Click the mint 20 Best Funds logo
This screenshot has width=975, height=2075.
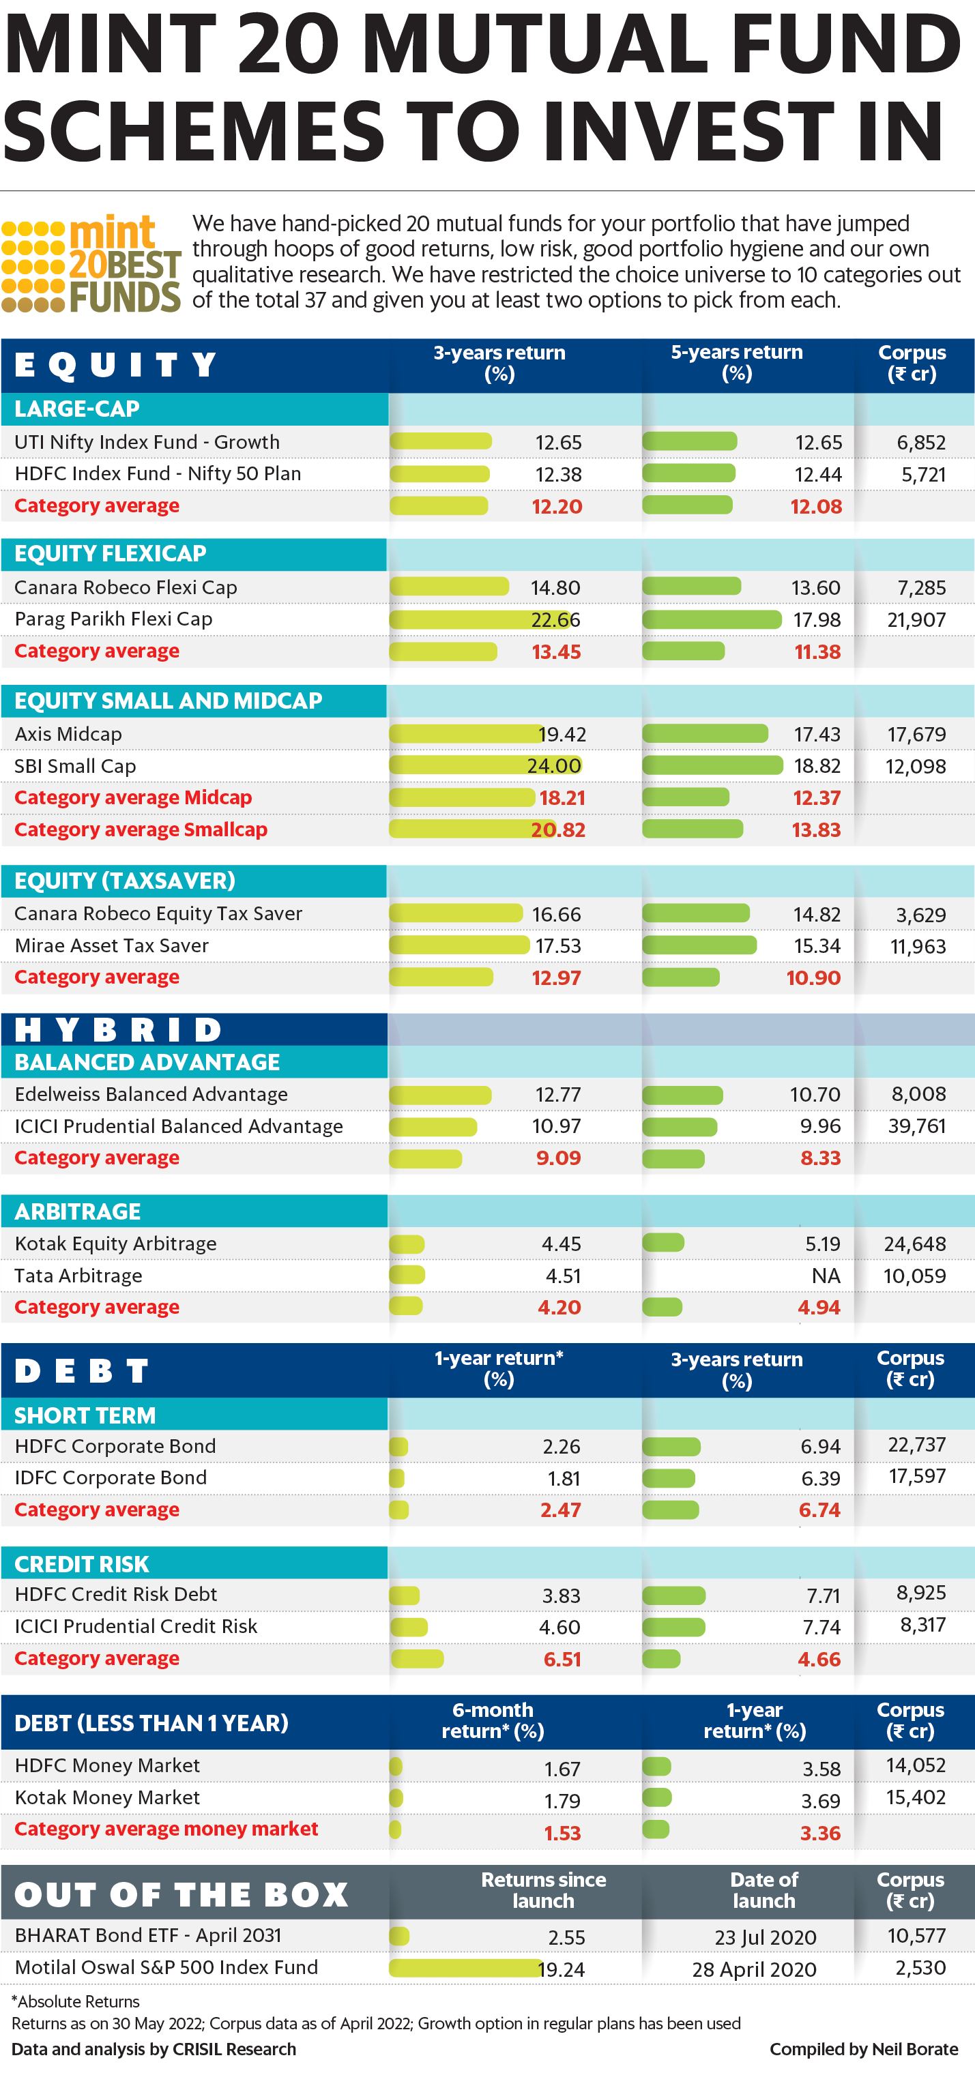91,264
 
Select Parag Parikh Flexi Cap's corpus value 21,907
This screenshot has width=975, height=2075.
916,619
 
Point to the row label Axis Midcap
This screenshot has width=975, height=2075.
68,734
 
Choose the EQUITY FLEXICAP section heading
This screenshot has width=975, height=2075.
111,554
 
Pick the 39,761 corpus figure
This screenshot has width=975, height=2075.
916,1126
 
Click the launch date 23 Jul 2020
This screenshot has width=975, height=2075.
765,1937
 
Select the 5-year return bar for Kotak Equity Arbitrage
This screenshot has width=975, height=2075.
663,1243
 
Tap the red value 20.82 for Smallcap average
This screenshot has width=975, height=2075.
557,829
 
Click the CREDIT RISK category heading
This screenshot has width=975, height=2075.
82,1564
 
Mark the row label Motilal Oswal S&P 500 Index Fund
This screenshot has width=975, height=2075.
166,1967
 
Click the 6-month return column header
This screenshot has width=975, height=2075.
493,1720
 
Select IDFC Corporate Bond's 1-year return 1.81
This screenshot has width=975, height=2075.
564,1478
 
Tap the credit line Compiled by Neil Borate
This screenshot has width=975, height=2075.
863,2048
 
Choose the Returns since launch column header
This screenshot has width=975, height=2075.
543,1889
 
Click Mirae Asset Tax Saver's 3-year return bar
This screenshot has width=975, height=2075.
459,945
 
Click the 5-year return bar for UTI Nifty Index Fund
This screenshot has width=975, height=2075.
690,441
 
